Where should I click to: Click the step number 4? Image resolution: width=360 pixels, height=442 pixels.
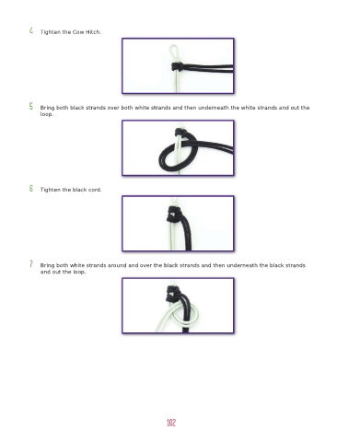coord(31,30)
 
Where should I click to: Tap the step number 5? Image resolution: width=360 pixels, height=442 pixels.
coord(31,106)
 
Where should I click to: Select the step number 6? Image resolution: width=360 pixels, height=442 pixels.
coord(31,188)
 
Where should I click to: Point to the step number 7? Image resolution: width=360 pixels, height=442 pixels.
coord(31,264)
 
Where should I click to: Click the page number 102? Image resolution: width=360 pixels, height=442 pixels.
coord(171,423)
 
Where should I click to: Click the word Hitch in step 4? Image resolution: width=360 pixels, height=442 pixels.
coord(93,32)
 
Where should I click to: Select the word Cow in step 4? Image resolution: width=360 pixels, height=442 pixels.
coord(78,32)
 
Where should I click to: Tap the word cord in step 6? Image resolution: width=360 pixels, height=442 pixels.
coord(95,190)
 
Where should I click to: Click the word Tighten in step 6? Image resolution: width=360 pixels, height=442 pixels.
coord(51,190)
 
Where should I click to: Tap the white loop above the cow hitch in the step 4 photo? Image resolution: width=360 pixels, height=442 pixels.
coord(174,52)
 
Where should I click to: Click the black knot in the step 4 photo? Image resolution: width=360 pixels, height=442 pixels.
coord(178,66)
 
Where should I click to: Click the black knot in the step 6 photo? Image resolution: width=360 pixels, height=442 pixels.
coord(175,214)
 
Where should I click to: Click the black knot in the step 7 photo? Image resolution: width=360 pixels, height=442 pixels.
coord(174,294)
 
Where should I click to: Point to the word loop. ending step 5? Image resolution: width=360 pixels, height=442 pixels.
coord(47,114)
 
